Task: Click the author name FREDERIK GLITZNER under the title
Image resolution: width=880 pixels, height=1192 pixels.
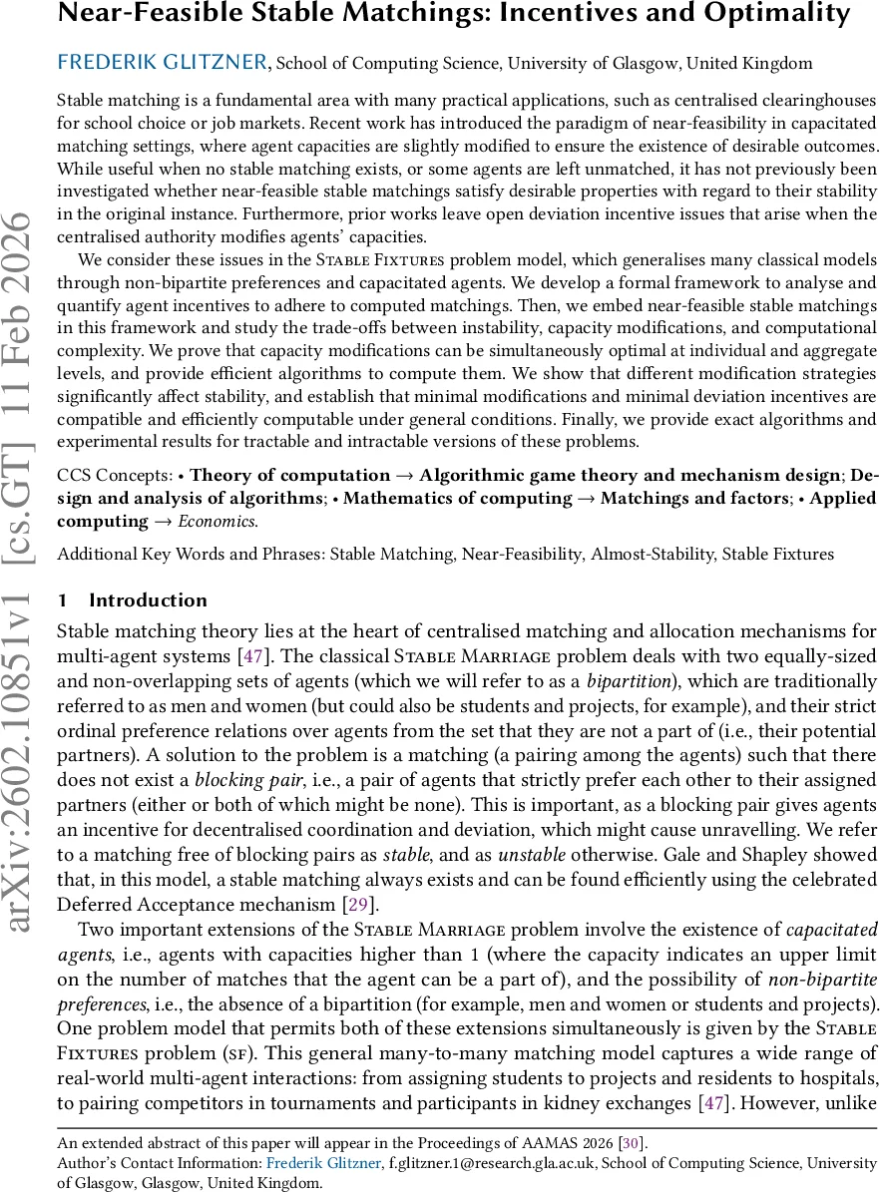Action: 163,63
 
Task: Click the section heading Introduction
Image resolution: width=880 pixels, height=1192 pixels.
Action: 148,600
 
